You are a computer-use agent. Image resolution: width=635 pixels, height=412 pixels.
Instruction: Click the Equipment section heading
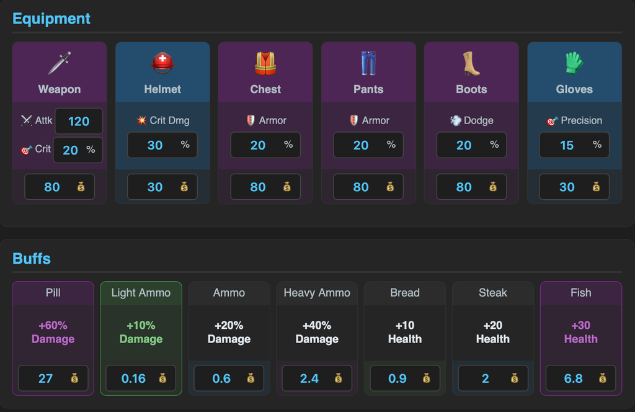(x=51, y=19)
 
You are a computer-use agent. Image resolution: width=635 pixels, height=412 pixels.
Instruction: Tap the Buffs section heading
(x=32, y=259)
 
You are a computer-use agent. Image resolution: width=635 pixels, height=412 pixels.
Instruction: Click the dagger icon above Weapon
(x=60, y=63)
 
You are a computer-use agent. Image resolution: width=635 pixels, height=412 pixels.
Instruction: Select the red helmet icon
(x=162, y=63)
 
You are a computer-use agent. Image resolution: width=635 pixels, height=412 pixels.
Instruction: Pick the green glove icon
(x=574, y=63)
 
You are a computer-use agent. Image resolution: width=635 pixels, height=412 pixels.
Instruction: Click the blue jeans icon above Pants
(x=368, y=63)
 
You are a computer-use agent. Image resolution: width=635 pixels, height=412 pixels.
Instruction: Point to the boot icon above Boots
(x=471, y=63)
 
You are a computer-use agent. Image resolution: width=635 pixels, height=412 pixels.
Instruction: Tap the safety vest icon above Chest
(x=265, y=63)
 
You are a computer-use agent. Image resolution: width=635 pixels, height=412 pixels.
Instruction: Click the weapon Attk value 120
(x=79, y=121)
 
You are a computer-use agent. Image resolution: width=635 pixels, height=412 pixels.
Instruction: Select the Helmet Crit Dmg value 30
(x=154, y=145)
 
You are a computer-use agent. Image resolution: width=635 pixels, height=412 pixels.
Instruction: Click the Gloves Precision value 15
(x=567, y=145)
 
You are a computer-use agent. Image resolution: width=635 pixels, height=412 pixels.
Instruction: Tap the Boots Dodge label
(x=479, y=120)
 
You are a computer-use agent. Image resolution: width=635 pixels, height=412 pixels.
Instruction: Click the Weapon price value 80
(x=52, y=187)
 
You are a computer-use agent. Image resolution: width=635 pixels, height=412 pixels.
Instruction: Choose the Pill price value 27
(x=45, y=378)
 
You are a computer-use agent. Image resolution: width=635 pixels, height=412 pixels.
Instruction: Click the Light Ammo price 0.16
(x=133, y=378)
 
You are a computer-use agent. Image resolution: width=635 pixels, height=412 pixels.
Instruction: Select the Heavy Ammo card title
(x=317, y=292)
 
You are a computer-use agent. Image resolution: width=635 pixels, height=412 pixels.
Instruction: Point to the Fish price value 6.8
(x=573, y=378)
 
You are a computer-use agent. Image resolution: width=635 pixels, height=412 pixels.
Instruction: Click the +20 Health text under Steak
(x=493, y=332)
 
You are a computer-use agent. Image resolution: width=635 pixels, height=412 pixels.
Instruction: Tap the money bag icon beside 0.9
(x=426, y=378)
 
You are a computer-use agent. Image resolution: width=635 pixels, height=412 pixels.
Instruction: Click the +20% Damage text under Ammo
(x=229, y=332)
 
